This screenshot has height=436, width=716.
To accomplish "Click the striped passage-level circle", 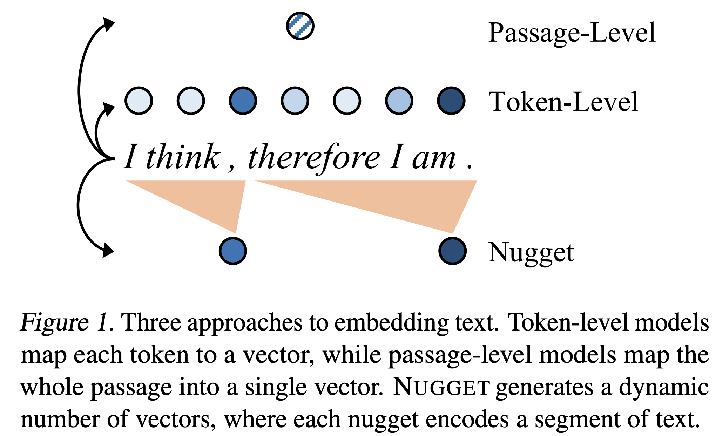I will pyautogui.click(x=300, y=26).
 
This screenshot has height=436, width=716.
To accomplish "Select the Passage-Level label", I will pyautogui.click(x=572, y=33).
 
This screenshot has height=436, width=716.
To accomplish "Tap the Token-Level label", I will pyautogui.click(x=563, y=102).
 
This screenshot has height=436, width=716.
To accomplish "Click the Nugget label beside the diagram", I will pyautogui.click(x=531, y=252).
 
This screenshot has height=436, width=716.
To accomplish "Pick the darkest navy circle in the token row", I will pyautogui.click(x=451, y=101).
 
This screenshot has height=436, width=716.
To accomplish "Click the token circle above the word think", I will pyautogui.click(x=191, y=101).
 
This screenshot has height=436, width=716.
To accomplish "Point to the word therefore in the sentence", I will pyautogui.click(x=314, y=158).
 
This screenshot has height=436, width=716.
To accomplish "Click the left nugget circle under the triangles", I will pyautogui.click(x=233, y=251).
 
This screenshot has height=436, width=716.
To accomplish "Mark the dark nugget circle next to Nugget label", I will pyautogui.click(x=452, y=251).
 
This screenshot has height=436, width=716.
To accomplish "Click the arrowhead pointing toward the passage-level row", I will pyautogui.click(x=108, y=25).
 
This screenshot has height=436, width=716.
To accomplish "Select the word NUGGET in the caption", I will pyautogui.click(x=441, y=388).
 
